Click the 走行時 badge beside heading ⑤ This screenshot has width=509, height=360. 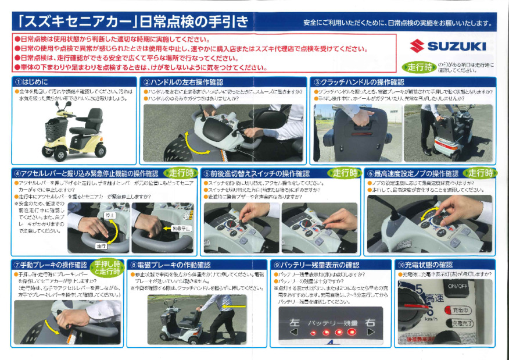click(345, 173)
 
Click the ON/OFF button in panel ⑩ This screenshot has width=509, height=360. click(457, 286)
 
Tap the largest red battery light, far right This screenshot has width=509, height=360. click(351, 333)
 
